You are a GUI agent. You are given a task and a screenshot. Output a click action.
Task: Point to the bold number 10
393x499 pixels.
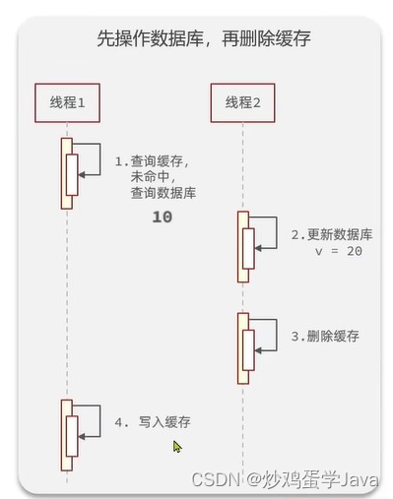click(x=163, y=217)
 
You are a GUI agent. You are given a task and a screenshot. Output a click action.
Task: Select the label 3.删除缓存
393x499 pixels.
click(x=325, y=336)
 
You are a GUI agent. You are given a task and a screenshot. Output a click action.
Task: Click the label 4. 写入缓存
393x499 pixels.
click(x=153, y=422)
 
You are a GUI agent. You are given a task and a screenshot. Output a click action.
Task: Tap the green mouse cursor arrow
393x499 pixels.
click(x=177, y=446)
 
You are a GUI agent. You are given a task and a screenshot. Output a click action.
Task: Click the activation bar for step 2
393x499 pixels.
click(x=243, y=246)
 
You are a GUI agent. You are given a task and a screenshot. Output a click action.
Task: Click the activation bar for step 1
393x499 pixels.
click(x=67, y=172)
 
